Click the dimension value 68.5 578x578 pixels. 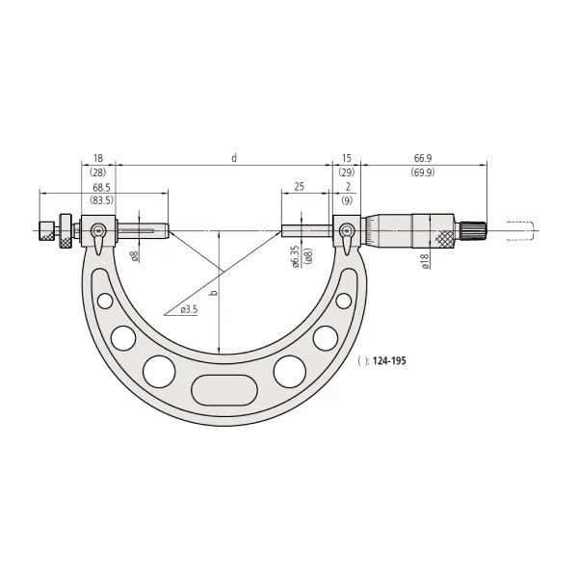[x=101, y=188]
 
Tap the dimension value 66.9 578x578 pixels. [x=423, y=158]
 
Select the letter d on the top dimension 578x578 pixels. [x=234, y=158]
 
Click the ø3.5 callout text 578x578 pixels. [x=189, y=309]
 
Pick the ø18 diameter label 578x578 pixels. [x=425, y=261]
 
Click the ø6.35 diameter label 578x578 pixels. [x=296, y=256]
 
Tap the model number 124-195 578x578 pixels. [x=389, y=360]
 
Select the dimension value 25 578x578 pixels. [x=300, y=187]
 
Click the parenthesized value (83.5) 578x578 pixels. [x=101, y=200]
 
